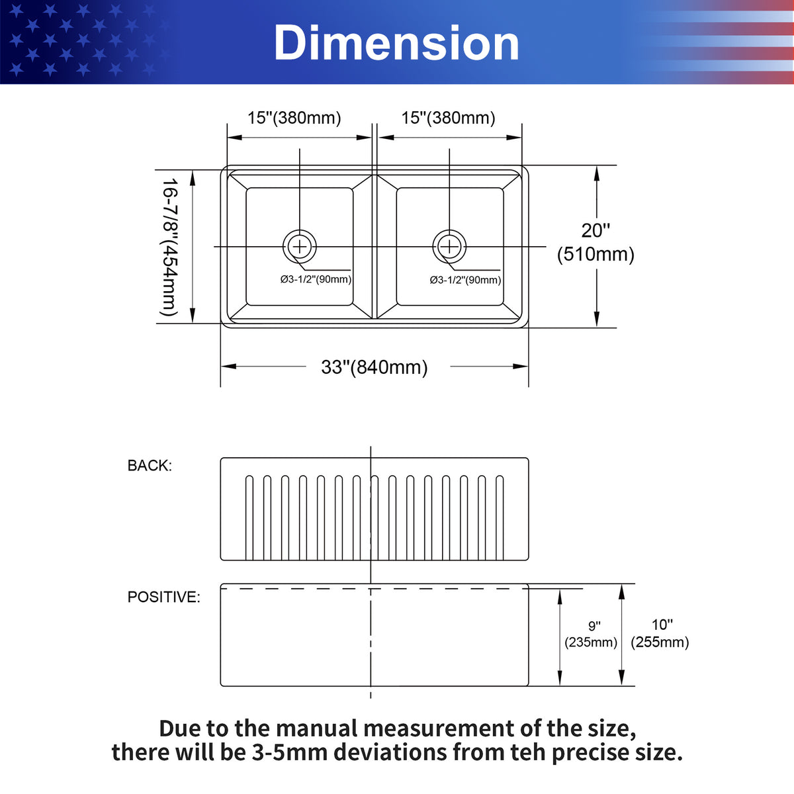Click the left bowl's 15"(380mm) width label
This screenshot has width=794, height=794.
coord(294,118)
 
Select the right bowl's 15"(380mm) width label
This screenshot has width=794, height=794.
coord(448,118)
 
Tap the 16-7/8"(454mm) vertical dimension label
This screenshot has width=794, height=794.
coord(169,247)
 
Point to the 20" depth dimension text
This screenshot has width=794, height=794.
coord(595,230)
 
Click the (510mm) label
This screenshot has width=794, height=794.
coord(595,254)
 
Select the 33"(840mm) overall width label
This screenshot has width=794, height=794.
coord(374,367)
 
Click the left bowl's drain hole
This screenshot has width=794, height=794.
coord(300,246)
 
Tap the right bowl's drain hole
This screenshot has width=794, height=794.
coord(449,246)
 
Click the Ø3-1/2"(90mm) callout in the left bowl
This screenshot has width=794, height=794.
coord(316,279)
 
